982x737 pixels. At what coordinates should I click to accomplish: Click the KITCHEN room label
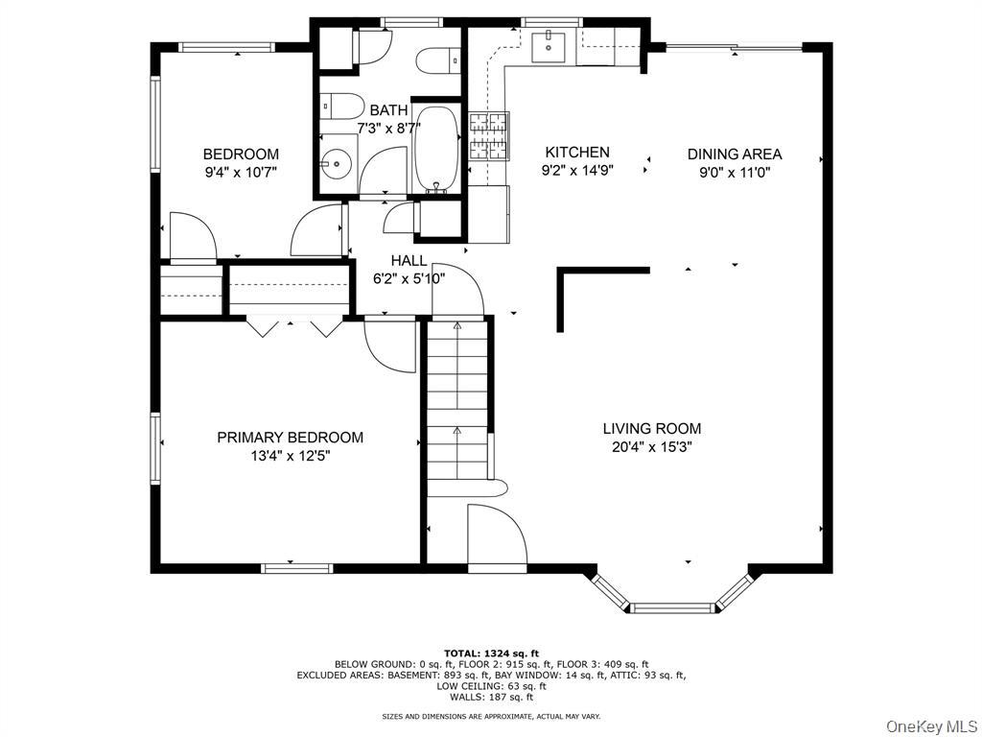(x=576, y=153)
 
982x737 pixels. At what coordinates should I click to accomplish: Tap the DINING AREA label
(x=735, y=155)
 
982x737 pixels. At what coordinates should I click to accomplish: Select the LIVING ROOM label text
(x=652, y=429)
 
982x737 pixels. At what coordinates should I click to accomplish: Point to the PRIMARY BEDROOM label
(x=290, y=438)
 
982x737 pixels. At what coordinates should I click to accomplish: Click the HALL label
(x=409, y=261)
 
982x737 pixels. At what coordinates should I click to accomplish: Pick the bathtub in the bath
(x=436, y=149)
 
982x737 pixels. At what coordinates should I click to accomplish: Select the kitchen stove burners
(x=489, y=136)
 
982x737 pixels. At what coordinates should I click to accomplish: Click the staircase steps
(x=457, y=401)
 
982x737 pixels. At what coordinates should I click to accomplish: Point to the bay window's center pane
(x=672, y=607)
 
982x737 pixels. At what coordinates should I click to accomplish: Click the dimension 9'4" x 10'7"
(x=241, y=173)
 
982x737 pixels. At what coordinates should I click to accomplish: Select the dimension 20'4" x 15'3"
(x=652, y=447)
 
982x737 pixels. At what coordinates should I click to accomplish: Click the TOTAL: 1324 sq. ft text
(x=491, y=654)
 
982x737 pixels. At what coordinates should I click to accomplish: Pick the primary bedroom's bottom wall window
(x=297, y=568)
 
